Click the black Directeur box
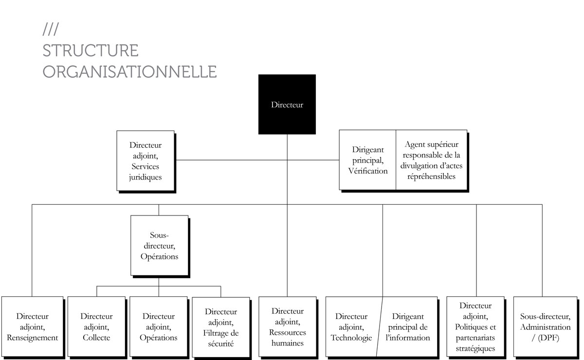coord(287,104)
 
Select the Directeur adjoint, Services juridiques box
coord(146,161)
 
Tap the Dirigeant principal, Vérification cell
coord(367,160)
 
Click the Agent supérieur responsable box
coord(432,160)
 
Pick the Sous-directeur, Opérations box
coord(159,245)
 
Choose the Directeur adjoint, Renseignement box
coord(32,326)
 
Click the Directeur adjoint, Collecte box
coord(96,326)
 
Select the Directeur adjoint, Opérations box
coord(159,326)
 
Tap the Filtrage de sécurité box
coord(221,327)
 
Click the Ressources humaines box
coord(288,326)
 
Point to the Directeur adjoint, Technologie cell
coord(351,326)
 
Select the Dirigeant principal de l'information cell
coord(408,326)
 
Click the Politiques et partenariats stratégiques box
coord(475,326)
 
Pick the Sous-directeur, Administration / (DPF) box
coord(545,326)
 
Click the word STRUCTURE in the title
coord(91,51)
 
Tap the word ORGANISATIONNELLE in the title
coord(129,72)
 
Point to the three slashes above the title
coord(51,29)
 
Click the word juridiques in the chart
coord(145,177)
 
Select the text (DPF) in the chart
coord(548,338)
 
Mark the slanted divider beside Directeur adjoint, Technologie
coord(379,326)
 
